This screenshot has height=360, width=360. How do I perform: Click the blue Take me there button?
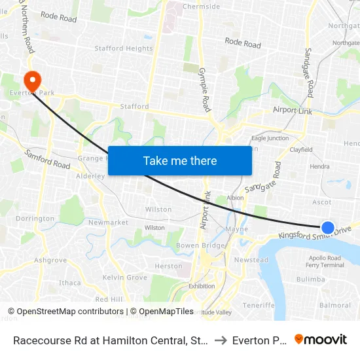tap(180, 160)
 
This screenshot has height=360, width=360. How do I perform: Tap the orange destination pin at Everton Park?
tap(31, 81)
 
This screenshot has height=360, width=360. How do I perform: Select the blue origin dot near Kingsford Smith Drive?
tap(328, 227)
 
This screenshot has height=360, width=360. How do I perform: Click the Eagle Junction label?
tap(270, 138)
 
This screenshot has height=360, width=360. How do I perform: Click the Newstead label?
tap(251, 260)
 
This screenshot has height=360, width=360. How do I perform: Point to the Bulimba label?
tap(310, 279)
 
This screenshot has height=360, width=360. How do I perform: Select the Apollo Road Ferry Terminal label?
tap(325, 261)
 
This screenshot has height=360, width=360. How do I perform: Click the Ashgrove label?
tap(50, 260)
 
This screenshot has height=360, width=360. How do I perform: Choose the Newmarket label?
tap(108, 223)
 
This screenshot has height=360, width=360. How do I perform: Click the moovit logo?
tap(321, 340)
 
